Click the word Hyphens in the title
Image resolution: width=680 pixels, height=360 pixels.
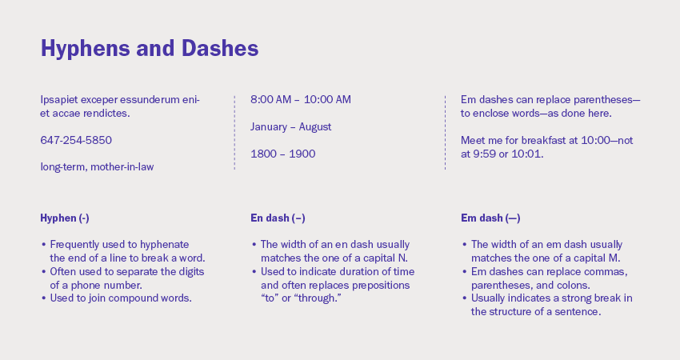point(86,49)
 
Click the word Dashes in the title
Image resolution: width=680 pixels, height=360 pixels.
point(220,48)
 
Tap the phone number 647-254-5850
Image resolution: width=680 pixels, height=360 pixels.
point(76,140)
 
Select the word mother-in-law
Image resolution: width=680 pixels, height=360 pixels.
point(122,167)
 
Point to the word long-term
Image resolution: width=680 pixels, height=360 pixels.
point(64,167)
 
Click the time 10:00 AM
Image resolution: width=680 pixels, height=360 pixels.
point(327,99)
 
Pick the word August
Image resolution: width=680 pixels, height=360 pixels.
point(315,127)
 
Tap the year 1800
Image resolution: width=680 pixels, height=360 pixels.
point(263,154)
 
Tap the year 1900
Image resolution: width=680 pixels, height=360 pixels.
point(302,154)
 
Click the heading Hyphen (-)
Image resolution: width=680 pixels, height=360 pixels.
point(65,218)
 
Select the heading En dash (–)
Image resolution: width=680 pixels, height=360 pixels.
point(278,218)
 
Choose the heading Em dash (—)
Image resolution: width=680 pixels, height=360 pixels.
point(490,218)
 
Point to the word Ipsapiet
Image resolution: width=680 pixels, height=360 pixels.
point(59,100)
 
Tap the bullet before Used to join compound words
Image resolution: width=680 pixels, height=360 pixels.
point(44,298)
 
